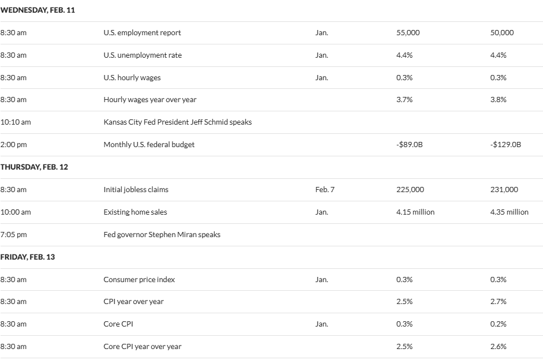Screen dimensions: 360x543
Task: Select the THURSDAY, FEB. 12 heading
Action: coord(34,167)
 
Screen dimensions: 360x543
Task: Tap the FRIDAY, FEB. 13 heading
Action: coord(28,257)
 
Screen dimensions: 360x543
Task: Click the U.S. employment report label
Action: coord(142,33)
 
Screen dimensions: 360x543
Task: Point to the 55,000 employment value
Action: coord(408,33)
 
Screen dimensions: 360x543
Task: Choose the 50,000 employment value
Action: coord(501,33)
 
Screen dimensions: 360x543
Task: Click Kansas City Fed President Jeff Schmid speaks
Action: coord(178,122)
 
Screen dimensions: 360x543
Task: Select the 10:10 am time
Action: coord(16,122)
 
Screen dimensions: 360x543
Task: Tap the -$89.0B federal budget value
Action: coord(410,145)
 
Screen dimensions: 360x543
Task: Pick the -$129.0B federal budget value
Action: coord(505,145)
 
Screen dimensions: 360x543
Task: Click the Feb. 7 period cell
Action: coord(324,189)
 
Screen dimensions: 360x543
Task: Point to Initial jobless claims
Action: coord(136,189)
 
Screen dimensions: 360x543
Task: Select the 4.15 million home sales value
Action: coord(415,212)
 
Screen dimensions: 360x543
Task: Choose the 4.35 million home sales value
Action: coord(509,212)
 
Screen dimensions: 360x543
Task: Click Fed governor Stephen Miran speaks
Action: coord(162,234)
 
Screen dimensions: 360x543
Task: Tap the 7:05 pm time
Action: coord(14,234)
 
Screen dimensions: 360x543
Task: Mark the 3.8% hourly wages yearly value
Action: coord(498,100)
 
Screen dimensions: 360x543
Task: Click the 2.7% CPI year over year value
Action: coord(498,302)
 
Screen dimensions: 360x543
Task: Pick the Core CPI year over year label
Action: coord(142,347)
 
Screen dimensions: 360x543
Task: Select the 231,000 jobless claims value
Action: coord(504,189)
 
